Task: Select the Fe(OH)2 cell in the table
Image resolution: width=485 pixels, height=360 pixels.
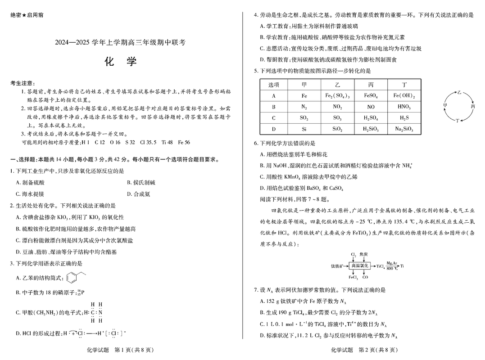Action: [403, 96]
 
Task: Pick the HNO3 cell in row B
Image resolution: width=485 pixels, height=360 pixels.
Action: [403, 107]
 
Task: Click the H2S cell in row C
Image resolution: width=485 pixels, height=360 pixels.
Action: [403, 118]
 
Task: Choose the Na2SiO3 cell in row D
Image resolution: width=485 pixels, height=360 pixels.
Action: [403, 130]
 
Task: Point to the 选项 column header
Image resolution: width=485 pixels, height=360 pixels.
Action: [274, 85]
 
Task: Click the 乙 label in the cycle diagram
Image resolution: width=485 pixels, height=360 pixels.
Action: [459, 92]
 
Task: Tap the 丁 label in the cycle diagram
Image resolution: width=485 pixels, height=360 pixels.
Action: [458, 121]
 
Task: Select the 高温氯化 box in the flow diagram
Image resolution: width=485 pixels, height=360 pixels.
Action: [360, 266]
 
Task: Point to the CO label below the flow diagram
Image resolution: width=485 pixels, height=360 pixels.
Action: [365, 278]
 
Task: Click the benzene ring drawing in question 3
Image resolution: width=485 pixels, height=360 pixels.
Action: [72, 277]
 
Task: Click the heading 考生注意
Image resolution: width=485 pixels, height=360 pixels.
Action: [22, 83]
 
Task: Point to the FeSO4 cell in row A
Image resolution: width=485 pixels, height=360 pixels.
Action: [370, 96]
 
